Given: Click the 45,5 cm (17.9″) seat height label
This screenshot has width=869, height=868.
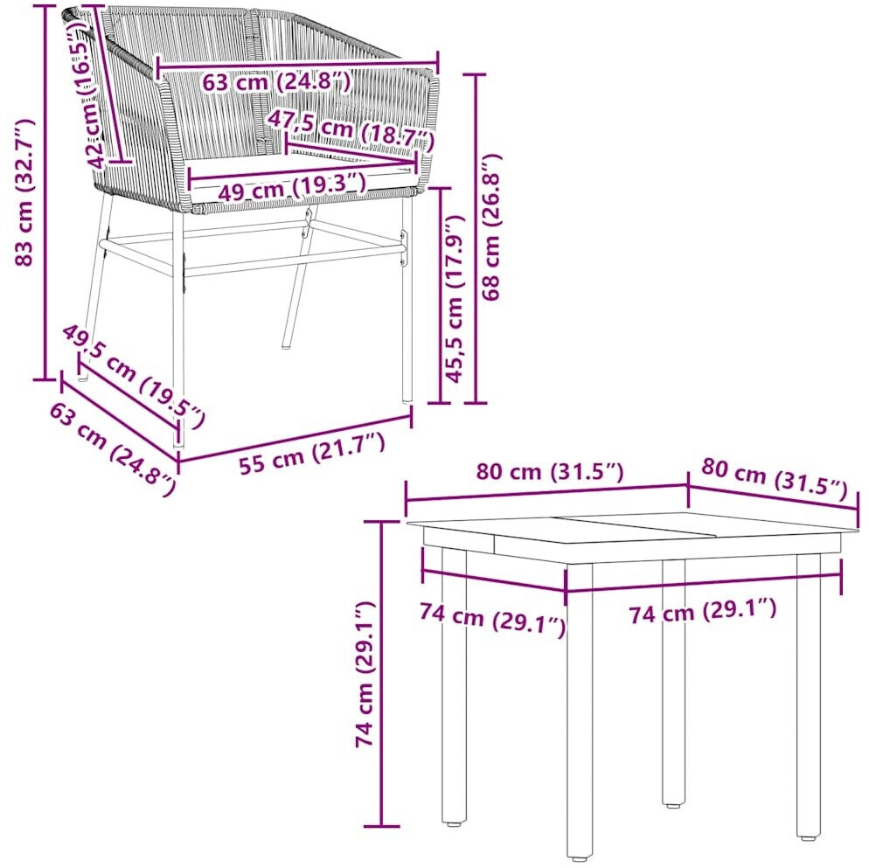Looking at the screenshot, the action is (454, 299).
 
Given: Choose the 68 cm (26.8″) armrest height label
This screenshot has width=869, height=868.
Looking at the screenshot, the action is (490, 227).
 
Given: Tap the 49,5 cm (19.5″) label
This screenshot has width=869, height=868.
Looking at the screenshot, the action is (133, 377).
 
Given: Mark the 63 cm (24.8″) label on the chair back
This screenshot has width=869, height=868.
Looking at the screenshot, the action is (276, 82).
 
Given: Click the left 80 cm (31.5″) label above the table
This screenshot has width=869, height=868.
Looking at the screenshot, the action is (550, 472).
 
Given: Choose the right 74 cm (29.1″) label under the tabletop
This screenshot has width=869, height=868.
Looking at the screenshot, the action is (702, 610).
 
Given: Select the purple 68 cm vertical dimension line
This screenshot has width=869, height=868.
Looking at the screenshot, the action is (476, 239).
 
